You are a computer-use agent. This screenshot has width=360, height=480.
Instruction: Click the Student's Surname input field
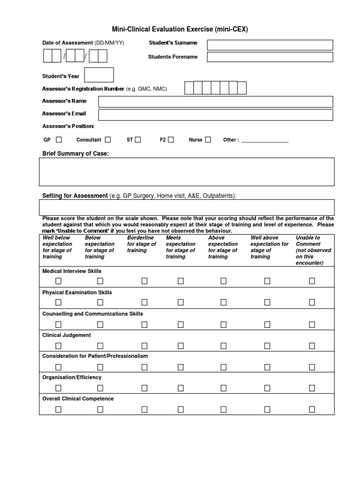tap(270, 45)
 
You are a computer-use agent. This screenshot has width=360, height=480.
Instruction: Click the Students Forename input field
tap(270, 57)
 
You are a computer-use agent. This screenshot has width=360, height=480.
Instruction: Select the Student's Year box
tap(99, 75)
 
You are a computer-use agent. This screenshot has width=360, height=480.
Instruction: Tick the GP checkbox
tap(59, 140)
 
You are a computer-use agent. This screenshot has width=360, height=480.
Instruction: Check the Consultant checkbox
tap(108, 140)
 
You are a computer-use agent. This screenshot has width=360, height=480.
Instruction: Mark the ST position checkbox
tap(138, 140)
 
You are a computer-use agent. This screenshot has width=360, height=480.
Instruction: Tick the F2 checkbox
tap(171, 140)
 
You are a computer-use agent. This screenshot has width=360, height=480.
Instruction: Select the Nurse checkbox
tap(208, 140)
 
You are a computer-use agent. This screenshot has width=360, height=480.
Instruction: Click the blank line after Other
tap(264, 140)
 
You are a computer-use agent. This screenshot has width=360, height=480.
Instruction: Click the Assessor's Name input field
tap(216, 102)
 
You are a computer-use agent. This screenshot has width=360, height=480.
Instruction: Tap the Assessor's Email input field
tap(216, 115)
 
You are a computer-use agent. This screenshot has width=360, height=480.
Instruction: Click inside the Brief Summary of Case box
tap(187, 172)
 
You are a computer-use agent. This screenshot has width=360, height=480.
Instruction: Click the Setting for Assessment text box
tap(187, 207)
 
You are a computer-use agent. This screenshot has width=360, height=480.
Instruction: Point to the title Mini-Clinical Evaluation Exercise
tap(180, 30)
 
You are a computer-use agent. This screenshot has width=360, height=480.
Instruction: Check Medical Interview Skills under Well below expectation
tap(59, 281)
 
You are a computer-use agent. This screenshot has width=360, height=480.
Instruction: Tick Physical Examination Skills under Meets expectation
tap(180, 302)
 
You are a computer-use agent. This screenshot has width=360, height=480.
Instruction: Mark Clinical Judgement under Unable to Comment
tap(312, 345)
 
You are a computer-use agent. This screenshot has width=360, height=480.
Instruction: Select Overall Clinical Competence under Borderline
tap(144, 409)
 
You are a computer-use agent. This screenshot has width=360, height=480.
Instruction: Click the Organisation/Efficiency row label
tap(72, 377)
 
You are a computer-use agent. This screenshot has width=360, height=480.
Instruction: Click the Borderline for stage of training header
tap(142, 244)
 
